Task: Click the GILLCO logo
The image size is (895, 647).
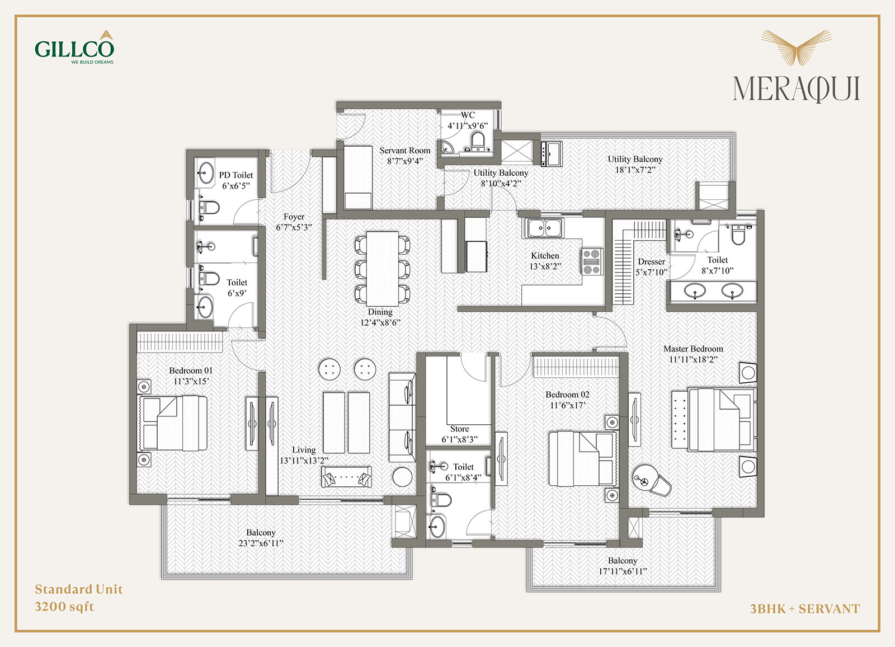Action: (x=74, y=47)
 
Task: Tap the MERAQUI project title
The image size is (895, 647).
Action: (x=797, y=88)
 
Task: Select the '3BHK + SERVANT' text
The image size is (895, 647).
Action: (x=805, y=608)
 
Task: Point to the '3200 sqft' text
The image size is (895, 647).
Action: (x=64, y=606)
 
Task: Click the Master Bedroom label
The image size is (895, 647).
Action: (x=693, y=349)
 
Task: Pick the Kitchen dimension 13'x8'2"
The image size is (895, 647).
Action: (x=545, y=266)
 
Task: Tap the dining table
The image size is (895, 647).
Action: (x=383, y=269)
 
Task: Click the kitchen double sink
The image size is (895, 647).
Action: (x=545, y=228)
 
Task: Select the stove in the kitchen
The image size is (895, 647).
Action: (x=592, y=261)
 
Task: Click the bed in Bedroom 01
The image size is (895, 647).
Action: (x=173, y=423)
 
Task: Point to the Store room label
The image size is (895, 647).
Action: (x=459, y=429)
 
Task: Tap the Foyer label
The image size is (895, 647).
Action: (x=294, y=217)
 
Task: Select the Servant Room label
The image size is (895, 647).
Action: (x=405, y=151)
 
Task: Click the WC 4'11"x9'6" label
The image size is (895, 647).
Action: (x=468, y=120)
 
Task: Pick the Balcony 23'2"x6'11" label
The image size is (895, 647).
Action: (x=261, y=538)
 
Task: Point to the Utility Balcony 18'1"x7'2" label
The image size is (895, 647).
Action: (x=635, y=165)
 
